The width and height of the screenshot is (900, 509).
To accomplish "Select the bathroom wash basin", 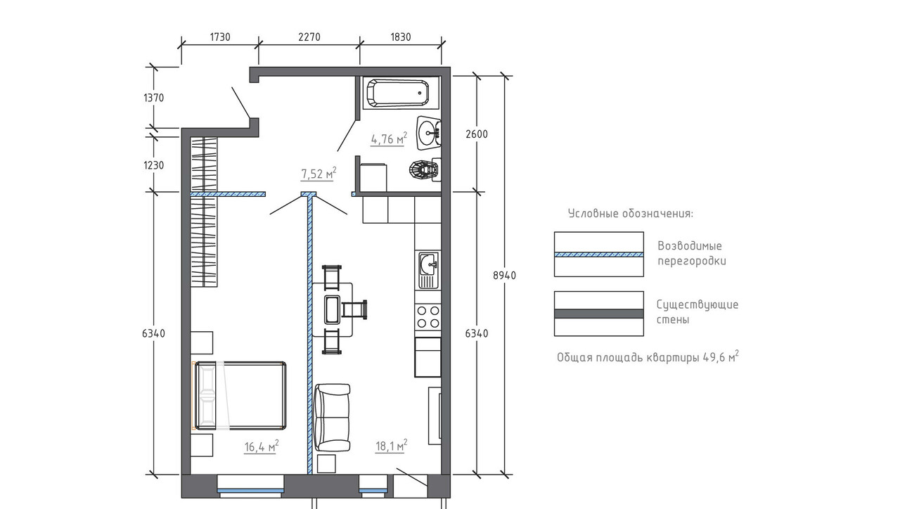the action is pos(429,133).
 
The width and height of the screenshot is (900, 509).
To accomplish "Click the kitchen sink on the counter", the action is pos(429,271).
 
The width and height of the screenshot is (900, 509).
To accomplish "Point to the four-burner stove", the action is pos(428,316).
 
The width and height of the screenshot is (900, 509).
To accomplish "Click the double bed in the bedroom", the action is pos(240,395).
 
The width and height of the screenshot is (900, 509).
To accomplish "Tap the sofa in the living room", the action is pos(332,418).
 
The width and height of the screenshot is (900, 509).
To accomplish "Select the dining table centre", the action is pos(333,309).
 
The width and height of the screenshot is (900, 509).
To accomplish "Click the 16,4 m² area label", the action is pos(261,446).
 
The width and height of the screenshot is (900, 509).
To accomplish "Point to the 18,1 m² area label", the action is pos(392,446).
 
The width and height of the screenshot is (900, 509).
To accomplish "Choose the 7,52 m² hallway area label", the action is pos(319,174).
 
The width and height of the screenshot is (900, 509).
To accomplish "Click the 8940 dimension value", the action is pos(504,275).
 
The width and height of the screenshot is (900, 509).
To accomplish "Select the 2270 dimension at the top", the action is pos(309,37).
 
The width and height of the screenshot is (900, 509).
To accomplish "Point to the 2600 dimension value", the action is pos(477,134).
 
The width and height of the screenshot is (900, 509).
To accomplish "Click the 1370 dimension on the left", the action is pos(153,98).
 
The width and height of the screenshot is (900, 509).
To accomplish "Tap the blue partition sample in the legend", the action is pos(598,254).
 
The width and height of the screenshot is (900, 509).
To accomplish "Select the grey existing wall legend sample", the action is pos(598,314).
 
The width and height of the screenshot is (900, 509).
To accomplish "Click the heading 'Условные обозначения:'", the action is pos(631,213).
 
